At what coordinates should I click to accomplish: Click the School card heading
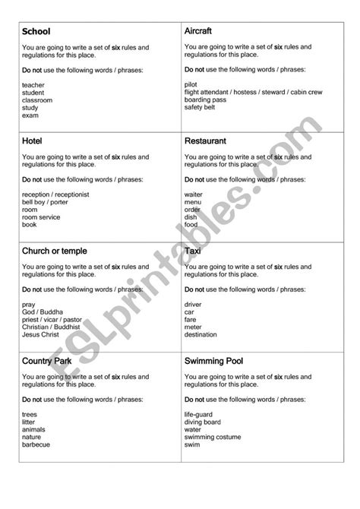point(36,31)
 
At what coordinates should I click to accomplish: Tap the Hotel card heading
point(32,141)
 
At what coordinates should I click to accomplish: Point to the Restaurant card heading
point(205,141)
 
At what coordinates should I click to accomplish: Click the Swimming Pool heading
point(214,361)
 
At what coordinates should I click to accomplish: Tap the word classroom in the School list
point(38,100)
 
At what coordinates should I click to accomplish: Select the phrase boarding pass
point(205,100)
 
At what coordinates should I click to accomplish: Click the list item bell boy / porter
point(45,203)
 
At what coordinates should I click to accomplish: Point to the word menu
point(192,203)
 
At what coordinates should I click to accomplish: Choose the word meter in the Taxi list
point(193,327)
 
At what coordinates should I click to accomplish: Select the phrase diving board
point(203,422)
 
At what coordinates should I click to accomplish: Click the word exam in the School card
point(30,115)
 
